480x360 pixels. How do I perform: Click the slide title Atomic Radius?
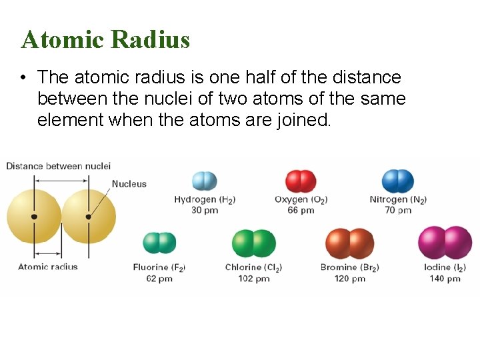pos(105,39)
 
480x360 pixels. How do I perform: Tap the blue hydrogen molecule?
pos(205,181)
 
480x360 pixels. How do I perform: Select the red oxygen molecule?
pos(301,181)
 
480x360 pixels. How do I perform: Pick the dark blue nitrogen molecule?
pos(398,181)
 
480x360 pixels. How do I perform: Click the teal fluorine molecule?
pos(159,243)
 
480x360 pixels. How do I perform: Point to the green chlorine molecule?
pos(254,243)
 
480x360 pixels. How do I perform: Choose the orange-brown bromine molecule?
pos(349,243)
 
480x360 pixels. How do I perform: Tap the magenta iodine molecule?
pos(445,243)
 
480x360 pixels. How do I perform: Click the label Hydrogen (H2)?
pos(205,199)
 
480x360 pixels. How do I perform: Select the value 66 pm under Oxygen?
pos(301,210)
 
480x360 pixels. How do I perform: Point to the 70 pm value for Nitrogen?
pos(398,210)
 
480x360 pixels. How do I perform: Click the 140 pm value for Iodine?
pos(445,279)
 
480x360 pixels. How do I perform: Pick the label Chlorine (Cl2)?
pos(254,268)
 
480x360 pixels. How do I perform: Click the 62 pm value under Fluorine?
pos(159,279)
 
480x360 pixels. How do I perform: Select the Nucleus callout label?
pos(129,184)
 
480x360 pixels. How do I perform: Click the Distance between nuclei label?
pos(59,166)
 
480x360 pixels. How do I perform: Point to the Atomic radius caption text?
pos(48,267)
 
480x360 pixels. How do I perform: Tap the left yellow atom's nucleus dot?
pos(34,216)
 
